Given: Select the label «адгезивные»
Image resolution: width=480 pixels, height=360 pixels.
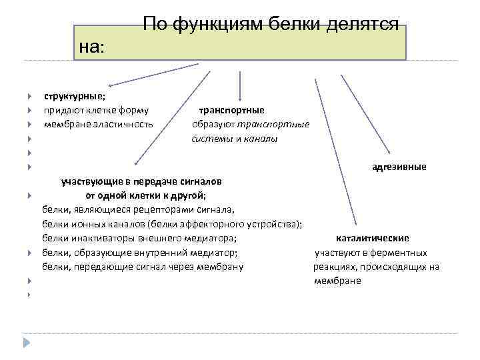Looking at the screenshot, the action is pyautogui.click(x=399, y=167).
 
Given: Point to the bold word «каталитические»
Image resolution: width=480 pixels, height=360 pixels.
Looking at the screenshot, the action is pyautogui.click(x=373, y=238).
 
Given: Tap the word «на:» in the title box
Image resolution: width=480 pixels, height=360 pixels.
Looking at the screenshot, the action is pyautogui.click(x=92, y=47).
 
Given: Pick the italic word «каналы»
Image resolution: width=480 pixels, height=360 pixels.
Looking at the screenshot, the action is pyautogui.click(x=261, y=139).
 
